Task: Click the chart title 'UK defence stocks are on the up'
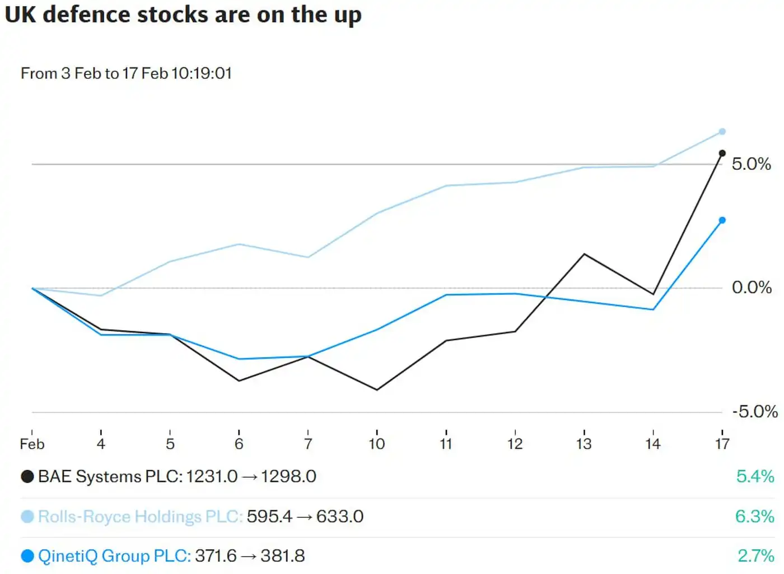pyautogui.click(x=183, y=15)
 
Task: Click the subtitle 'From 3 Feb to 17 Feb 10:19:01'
pyautogui.click(x=126, y=73)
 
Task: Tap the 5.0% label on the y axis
pyautogui.click(x=751, y=164)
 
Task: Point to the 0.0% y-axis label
pyautogui.click(x=752, y=288)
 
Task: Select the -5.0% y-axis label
pyautogui.click(x=754, y=411)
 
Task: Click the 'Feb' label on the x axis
pyautogui.click(x=32, y=444)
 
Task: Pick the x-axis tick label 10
pyautogui.click(x=377, y=444)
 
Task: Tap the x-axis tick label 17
pyautogui.click(x=722, y=444)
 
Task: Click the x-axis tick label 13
pyautogui.click(x=584, y=444)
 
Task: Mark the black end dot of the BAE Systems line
pyautogui.click(x=722, y=153)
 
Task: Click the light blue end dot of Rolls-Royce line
pyautogui.click(x=722, y=132)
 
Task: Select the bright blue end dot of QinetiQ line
pyautogui.click(x=722, y=220)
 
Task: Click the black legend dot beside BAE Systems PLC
pyautogui.click(x=27, y=476)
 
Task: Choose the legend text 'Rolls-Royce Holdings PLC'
pyautogui.click(x=140, y=516)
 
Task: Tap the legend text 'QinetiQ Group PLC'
pyautogui.click(x=114, y=556)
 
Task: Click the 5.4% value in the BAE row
pyautogui.click(x=755, y=476)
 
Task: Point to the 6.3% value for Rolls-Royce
pyautogui.click(x=754, y=516)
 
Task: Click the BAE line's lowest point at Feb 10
pyautogui.click(x=377, y=390)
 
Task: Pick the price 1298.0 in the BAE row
pyautogui.click(x=288, y=476)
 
